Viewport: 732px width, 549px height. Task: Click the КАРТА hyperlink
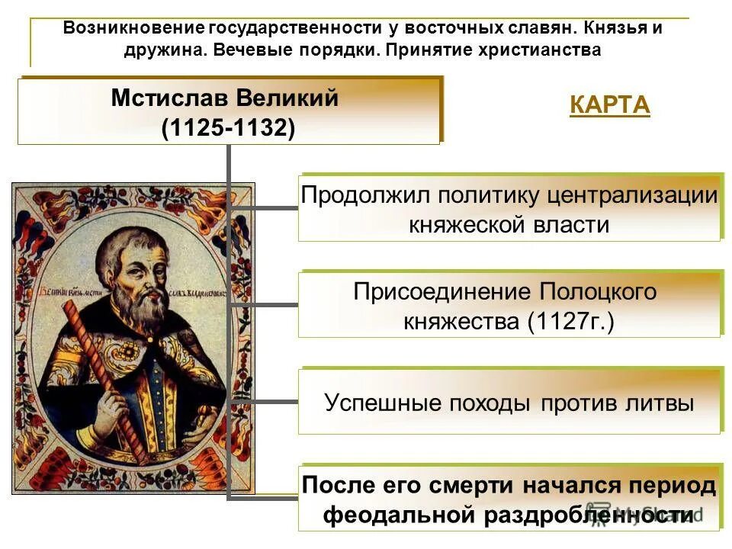(x=609, y=104)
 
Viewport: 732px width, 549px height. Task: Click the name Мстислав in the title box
(x=169, y=98)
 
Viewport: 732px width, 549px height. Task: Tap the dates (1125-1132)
(x=228, y=127)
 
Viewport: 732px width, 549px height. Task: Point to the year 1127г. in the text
(x=571, y=321)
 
